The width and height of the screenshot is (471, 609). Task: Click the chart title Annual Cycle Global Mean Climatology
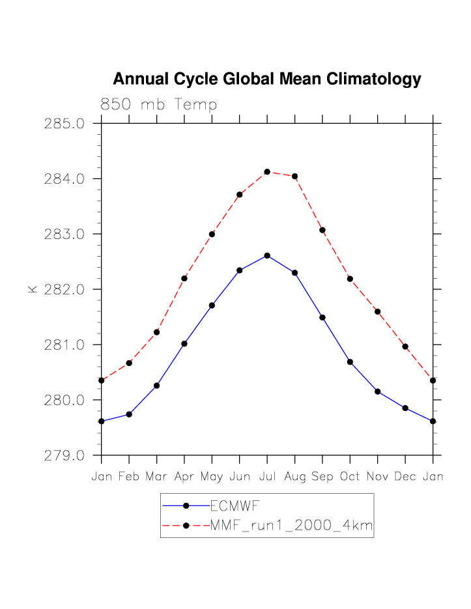coord(266,79)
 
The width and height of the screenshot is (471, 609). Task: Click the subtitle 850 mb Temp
coord(158,105)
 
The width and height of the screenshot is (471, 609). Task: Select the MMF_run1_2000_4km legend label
coord(291,526)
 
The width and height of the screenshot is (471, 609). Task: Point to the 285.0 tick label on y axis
coord(64,123)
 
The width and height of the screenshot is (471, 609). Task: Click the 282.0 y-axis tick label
coord(64,289)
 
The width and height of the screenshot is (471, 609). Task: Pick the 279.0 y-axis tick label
coord(64,455)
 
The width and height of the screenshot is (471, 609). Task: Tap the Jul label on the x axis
coord(267,477)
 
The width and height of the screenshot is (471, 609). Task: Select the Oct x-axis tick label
coord(350,477)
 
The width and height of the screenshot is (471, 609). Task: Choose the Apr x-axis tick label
coord(184,477)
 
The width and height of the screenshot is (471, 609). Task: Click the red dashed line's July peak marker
coord(267,172)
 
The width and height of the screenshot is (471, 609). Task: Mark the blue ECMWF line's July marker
coord(267,255)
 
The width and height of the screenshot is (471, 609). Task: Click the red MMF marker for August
coord(295,177)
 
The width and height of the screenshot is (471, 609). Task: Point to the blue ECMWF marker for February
coord(129,414)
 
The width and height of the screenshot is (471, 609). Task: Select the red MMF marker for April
coord(184,278)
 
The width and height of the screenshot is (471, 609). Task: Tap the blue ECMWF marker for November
coord(378,391)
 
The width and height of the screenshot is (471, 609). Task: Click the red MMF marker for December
coord(405,347)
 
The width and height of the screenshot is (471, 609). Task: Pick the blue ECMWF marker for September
coord(322,317)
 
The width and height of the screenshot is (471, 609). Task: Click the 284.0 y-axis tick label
coord(64,178)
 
